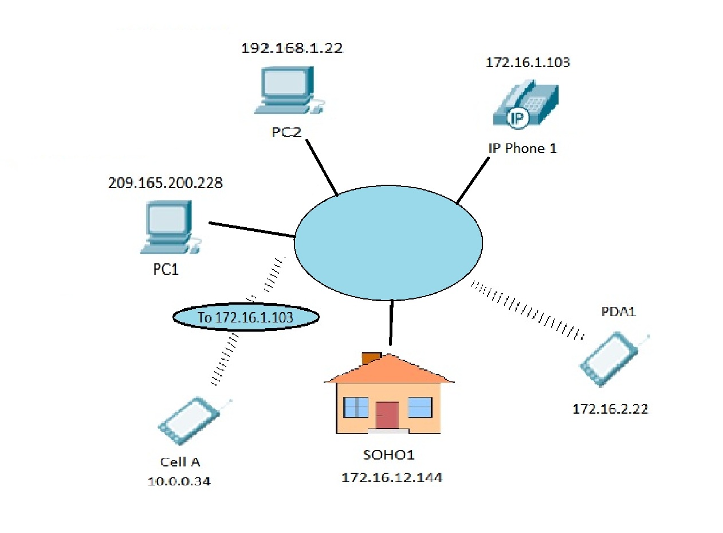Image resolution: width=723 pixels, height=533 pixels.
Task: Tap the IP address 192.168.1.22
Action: pyautogui.click(x=292, y=48)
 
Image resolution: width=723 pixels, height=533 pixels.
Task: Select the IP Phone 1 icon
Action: pyautogui.click(x=524, y=103)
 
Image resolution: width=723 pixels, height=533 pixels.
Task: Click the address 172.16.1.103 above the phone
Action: pyautogui.click(x=528, y=63)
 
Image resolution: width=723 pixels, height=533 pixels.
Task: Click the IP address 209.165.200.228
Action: pyautogui.click(x=165, y=184)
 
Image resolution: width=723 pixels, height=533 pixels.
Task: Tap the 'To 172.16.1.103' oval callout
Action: pyautogui.click(x=245, y=317)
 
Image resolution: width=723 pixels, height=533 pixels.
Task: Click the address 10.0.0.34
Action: pyautogui.click(x=179, y=481)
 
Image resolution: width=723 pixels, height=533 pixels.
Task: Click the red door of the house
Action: pyautogui.click(x=387, y=415)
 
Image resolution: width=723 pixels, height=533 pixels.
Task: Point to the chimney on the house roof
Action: pyautogui.click(x=371, y=357)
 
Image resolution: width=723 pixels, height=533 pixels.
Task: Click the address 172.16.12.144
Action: pyautogui.click(x=392, y=477)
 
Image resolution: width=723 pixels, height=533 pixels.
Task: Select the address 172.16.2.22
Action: pyautogui.click(x=610, y=409)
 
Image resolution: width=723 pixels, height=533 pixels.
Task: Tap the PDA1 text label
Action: pyautogui.click(x=619, y=313)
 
